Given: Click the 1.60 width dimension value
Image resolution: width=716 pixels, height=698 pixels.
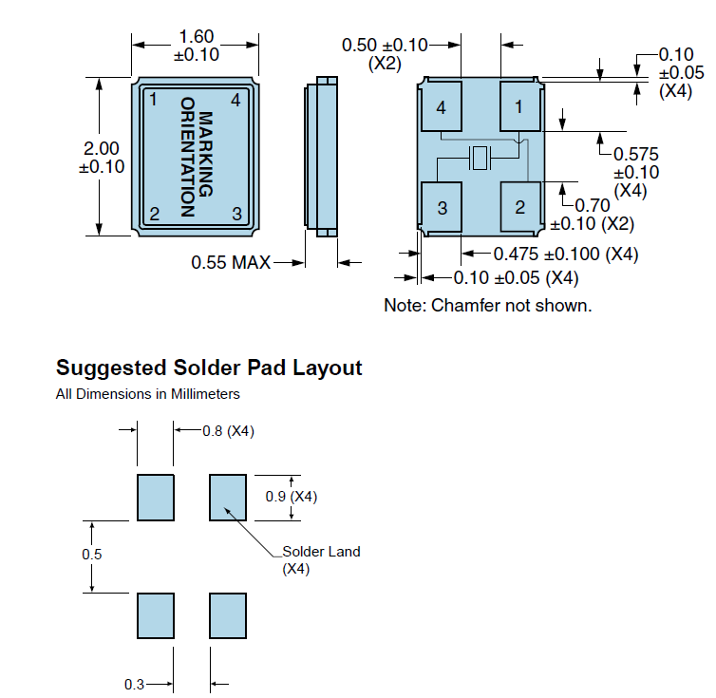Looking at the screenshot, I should click(x=195, y=37).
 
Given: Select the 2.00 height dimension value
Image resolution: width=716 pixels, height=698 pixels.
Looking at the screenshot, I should click(x=102, y=148).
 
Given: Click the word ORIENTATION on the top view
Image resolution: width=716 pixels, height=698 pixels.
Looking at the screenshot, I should click(x=187, y=157).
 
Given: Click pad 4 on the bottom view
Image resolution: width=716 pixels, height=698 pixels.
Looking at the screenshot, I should click(x=441, y=108).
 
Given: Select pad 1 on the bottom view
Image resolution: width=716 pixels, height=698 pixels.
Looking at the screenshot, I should click(x=519, y=107).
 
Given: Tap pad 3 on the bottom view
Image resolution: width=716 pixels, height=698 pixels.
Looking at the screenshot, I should click(x=442, y=207).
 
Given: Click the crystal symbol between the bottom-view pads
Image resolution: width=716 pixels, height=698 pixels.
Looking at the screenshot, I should click(x=480, y=160).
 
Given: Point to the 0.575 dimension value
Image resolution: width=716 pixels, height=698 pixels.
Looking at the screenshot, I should click(x=636, y=154).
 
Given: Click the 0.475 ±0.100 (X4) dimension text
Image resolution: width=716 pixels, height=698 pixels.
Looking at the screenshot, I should click(x=565, y=255).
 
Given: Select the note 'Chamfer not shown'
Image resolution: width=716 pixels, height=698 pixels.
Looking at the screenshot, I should click(x=488, y=306).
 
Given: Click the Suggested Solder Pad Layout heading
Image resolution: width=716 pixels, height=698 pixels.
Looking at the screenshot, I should click(x=209, y=368).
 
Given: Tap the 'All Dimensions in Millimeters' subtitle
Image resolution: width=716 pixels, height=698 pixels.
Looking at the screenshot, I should click(x=147, y=393).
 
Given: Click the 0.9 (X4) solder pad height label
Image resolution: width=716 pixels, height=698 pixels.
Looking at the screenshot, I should click(x=291, y=497).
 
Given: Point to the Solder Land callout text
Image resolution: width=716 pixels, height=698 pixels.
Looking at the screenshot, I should click(x=321, y=552).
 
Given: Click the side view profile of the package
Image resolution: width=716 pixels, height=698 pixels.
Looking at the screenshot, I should click(x=323, y=157).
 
